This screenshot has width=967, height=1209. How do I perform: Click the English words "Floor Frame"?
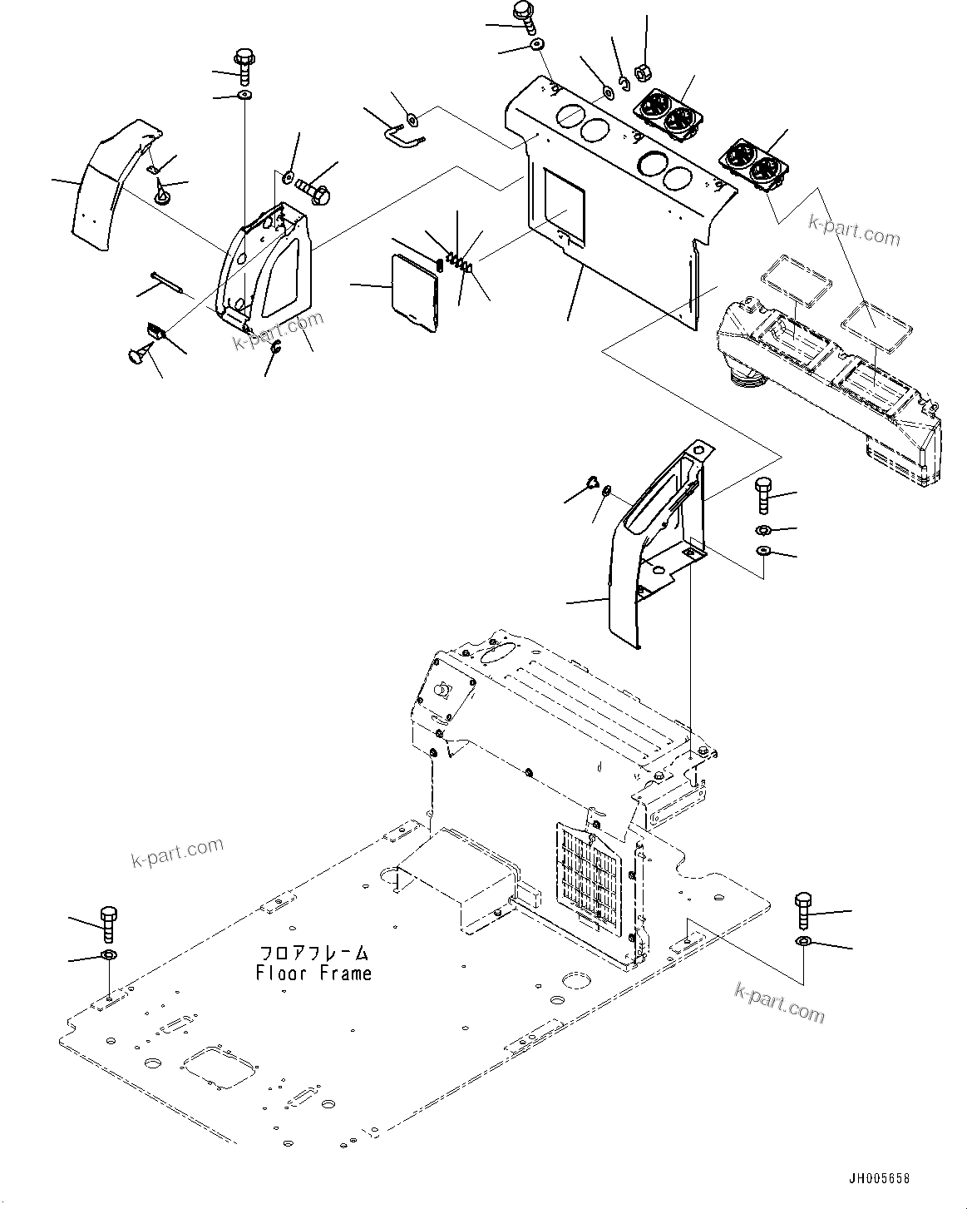313,973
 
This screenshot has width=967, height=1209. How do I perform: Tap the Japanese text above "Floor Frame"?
313,953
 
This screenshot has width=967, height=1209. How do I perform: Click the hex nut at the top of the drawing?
644,72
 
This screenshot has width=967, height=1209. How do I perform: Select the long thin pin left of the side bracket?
171,281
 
